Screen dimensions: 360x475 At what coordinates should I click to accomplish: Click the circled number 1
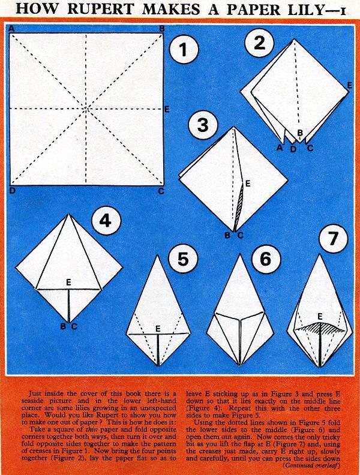(183, 50)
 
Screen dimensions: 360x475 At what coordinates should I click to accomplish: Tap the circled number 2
(259, 43)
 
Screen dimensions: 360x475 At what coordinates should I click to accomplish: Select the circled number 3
(203, 125)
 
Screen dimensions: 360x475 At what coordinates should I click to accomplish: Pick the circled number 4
(106, 221)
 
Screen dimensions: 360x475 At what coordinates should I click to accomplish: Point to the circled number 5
(184, 260)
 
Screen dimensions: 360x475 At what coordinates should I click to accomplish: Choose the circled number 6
(266, 259)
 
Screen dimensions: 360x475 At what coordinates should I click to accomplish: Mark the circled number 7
(333, 238)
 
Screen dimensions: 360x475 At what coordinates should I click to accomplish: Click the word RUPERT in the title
(100, 9)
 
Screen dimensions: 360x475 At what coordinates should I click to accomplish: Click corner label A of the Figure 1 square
(12, 28)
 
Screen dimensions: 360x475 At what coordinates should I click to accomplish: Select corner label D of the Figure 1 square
(12, 191)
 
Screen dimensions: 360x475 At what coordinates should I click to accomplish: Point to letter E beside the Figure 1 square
(167, 109)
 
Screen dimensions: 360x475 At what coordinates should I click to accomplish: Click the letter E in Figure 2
(349, 85)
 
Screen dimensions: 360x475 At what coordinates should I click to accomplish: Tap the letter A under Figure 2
(280, 148)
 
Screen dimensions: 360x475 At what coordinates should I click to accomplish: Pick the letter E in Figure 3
(248, 184)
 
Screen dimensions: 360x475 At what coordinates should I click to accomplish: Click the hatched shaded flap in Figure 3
(239, 205)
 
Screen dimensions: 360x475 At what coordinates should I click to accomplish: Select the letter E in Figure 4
(68, 282)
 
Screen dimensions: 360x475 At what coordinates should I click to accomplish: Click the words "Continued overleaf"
(311, 465)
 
